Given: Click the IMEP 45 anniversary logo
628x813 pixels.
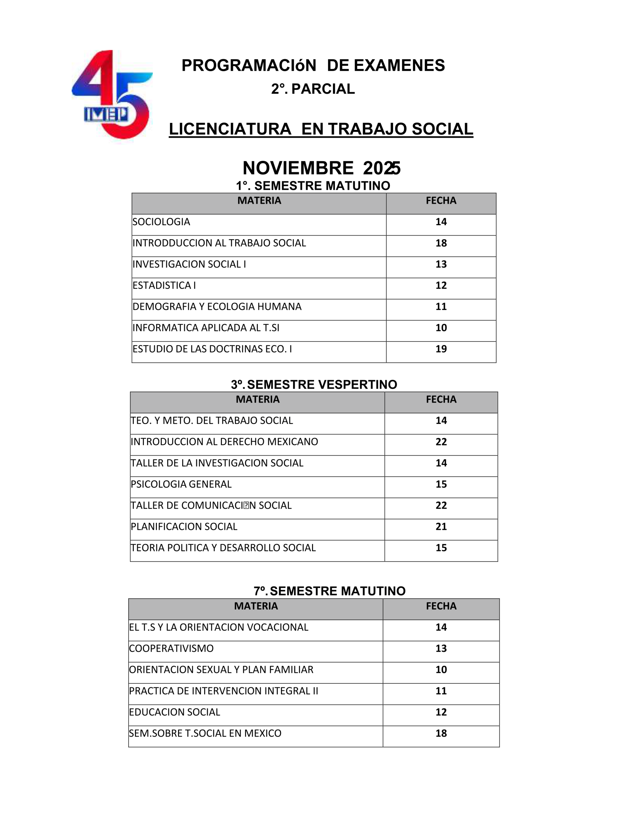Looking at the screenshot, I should coord(112,95).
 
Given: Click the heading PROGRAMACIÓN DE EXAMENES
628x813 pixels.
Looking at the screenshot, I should coord(313,65).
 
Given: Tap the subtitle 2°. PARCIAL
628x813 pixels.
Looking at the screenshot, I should coord(313,89).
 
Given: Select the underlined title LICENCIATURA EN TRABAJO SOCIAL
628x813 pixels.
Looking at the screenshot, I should coord(321,129).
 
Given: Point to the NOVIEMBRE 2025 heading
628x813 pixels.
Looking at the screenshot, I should coord(321,168).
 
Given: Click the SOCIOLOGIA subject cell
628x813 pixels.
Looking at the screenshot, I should coord(161,222).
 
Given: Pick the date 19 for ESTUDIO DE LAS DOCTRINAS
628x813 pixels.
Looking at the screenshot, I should coord(441,349).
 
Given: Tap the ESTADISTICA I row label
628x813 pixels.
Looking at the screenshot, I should coord(164,286).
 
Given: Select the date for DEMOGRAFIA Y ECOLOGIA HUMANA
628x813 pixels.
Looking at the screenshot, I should coord(441,307).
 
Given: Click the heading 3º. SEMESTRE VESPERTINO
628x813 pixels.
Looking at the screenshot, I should coord(313,385).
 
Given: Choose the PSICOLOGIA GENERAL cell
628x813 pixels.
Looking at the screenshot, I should coord(181,484).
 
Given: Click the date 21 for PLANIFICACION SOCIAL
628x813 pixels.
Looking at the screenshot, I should coord(441,527).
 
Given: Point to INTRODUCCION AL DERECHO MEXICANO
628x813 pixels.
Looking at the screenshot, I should coord(224,442).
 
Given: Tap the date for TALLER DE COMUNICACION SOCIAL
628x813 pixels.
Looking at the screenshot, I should coord(441,506).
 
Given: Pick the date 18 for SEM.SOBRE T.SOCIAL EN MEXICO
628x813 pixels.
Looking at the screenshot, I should coord(441,733).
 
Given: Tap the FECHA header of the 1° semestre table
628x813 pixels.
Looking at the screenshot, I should coord(441,201).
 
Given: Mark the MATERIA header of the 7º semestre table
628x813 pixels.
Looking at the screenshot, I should coord(256,606).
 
